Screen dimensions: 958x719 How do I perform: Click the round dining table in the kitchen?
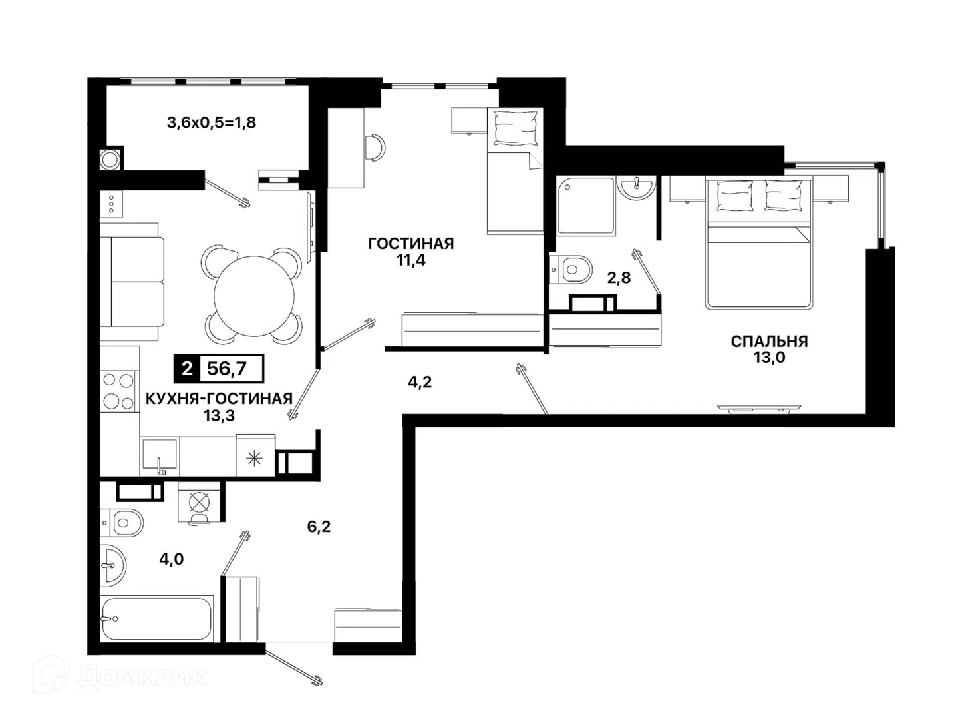[253, 296]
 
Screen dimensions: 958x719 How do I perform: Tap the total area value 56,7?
[226, 369]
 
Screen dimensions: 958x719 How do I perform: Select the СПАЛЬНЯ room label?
[769, 341]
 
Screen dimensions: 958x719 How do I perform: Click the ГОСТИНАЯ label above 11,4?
[410, 244]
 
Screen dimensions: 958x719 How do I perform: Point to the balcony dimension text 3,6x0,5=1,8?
[212, 122]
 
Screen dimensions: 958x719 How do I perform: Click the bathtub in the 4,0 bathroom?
[156, 618]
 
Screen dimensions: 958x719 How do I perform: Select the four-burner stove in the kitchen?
[118, 391]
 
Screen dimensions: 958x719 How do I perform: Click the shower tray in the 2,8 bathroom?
[585, 206]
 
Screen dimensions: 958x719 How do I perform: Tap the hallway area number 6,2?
[319, 527]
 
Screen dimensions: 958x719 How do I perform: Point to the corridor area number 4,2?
[419, 382]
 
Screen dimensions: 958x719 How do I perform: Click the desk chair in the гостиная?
[375, 148]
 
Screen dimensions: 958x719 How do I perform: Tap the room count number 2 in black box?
[187, 369]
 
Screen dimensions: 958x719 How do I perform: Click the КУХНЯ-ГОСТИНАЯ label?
[219, 399]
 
